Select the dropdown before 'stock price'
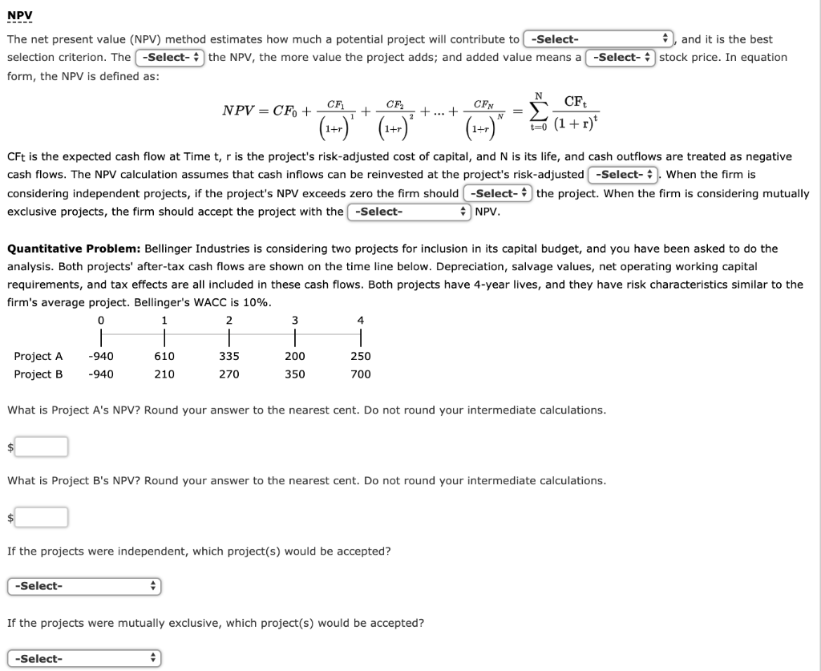tap(621, 58)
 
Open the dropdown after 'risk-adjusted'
tap(622, 175)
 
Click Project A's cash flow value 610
tap(164, 356)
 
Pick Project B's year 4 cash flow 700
tap(361, 374)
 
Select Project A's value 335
tap(229, 356)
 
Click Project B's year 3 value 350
tap(295, 374)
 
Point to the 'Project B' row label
tap(38, 374)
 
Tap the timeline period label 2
tap(229, 321)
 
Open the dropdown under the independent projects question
tap(84, 587)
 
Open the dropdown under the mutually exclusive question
tap(84, 659)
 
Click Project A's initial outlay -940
tap(101, 356)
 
